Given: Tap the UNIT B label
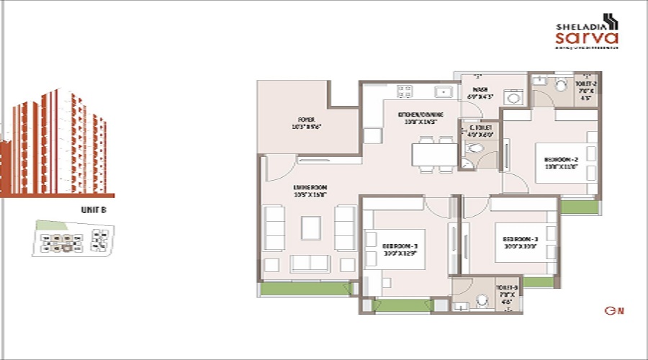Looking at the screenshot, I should (94, 210).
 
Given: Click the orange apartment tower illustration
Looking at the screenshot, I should (58, 144).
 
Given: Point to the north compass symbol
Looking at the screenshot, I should (613, 311).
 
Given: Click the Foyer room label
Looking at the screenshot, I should (307, 123).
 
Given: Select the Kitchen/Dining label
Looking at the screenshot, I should (420, 118).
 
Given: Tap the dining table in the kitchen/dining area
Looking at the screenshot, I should (434, 154).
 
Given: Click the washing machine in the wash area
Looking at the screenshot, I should (514, 97).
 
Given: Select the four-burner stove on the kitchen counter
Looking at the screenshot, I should (405, 91).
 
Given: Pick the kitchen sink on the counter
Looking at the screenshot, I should (442, 91).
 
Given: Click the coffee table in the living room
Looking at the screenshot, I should (311, 228).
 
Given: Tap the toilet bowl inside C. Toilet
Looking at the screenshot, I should (474, 149).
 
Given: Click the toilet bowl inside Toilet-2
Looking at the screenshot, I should (562, 85).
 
